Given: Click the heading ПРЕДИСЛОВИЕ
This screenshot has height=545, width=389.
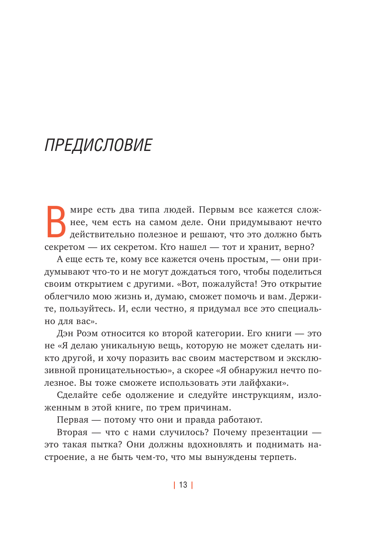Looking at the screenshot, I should pos(98,145).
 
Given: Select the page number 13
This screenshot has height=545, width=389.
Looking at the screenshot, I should pos(183,485).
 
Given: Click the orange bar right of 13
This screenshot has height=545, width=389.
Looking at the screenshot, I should pos(192,485).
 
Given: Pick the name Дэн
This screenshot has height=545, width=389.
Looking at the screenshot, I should pos(65,334).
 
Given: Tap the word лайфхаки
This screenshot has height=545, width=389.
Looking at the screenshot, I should pos(266,383).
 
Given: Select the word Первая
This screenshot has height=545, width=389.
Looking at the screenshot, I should pos(73,420).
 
